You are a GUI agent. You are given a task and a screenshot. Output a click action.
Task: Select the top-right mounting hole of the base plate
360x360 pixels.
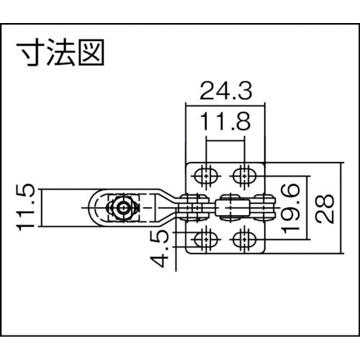tap(246, 174)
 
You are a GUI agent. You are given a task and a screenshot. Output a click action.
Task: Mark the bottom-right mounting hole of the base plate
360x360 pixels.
tap(246, 238)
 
